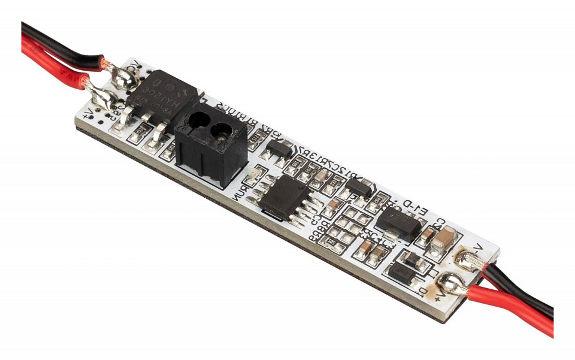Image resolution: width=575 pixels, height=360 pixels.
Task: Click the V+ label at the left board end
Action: pos(89,112)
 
